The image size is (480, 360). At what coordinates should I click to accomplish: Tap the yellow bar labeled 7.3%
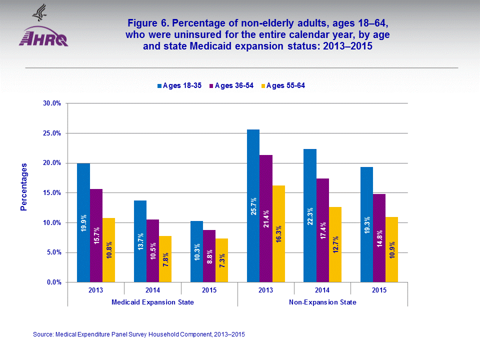click(221, 260)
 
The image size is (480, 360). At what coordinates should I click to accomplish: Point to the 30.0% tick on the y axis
click(51, 103)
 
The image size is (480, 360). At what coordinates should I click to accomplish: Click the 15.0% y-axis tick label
click(51, 193)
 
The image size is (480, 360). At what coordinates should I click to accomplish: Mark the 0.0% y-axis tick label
click(53, 282)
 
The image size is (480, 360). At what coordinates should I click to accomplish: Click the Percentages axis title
click(24, 186)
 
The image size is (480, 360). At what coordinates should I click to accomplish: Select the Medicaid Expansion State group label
click(152, 302)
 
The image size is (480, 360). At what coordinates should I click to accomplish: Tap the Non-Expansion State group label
click(322, 302)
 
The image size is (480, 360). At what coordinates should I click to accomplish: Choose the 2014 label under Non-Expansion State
click(322, 290)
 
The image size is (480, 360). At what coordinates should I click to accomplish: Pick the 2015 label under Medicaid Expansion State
click(209, 290)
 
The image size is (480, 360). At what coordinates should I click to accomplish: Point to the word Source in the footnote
click(42, 334)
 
